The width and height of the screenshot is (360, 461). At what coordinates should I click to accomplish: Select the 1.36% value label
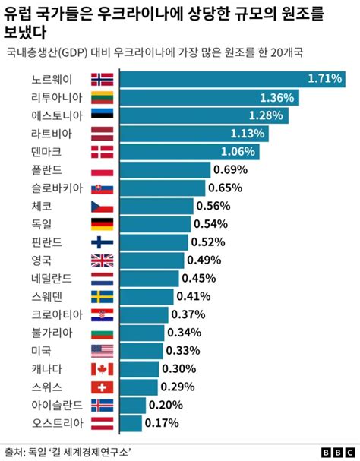tap(276, 97)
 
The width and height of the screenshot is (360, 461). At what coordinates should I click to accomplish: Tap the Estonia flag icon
tap(102, 115)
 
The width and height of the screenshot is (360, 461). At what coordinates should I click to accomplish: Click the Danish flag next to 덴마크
tap(102, 151)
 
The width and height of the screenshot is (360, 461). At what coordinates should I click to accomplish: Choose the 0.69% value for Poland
tap(232, 169)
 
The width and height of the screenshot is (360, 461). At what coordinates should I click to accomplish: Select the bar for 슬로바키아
tap(163, 188)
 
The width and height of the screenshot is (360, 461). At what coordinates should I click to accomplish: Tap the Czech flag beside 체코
tap(102, 206)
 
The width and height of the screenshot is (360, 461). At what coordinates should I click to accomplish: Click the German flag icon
tap(102, 223)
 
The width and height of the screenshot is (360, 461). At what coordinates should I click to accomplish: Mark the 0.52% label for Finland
tap(208, 242)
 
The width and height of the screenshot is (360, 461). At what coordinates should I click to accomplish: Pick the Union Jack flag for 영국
tap(102, 260)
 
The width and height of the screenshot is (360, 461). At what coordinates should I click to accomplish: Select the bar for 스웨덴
tap(147, 296)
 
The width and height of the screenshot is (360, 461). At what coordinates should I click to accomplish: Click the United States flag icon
tap(102, 351)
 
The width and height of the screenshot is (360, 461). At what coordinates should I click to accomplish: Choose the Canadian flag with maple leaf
tap(102, 368)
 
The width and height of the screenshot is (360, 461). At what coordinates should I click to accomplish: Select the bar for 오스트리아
tap(131, 423)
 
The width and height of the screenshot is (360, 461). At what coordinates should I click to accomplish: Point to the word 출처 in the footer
tap(14, 451)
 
